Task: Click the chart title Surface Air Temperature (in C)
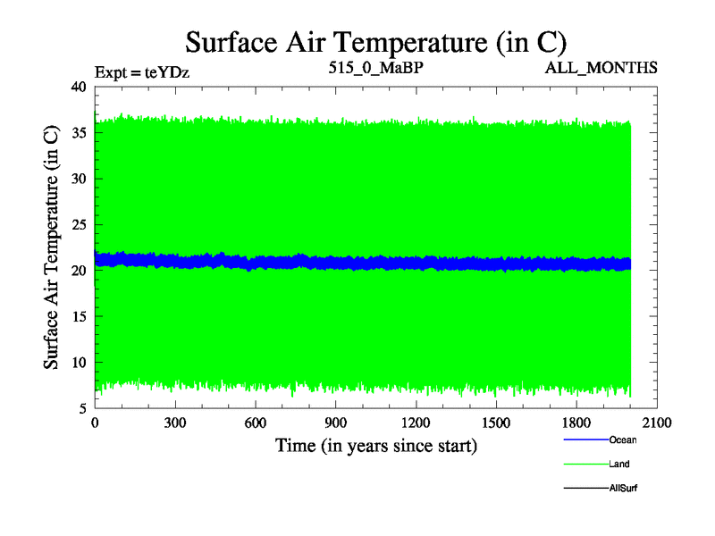pos(375,42)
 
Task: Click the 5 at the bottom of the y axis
pos(81,408)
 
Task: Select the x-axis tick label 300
pos(175,423)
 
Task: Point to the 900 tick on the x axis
pos(336,423)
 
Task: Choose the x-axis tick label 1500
pos(497,423)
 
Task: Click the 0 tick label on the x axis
pos(95,423)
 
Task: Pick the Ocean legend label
pos(623,440)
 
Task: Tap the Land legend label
pos(619,464)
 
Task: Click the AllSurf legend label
pos(623,488)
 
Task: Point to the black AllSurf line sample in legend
pos(585,488)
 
